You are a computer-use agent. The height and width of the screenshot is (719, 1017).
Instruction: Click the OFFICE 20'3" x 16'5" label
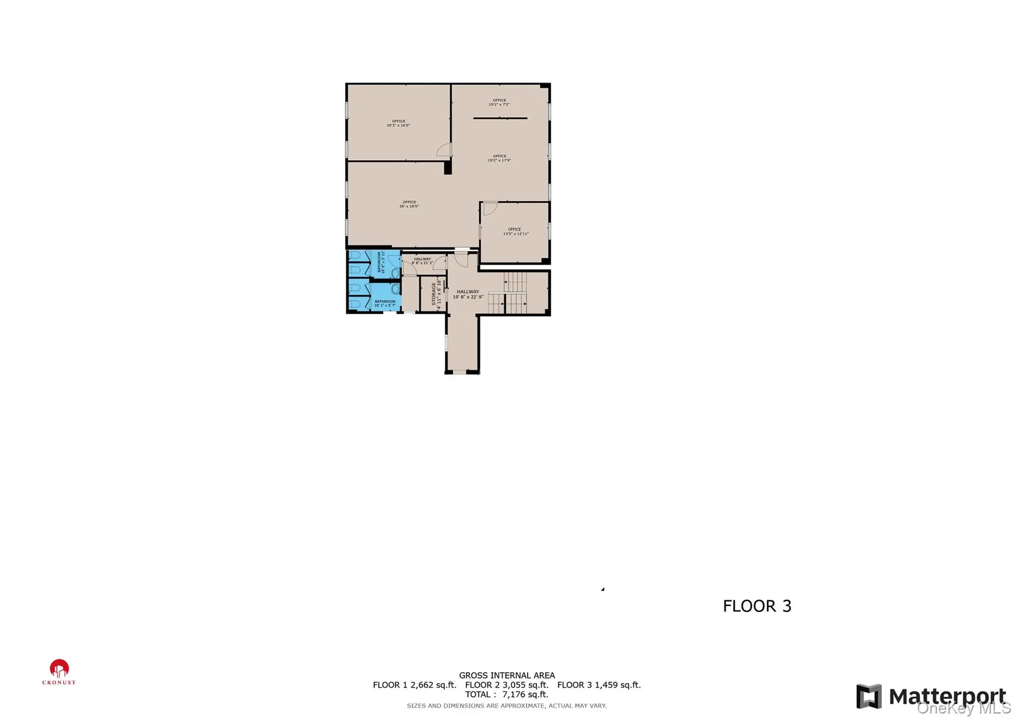pyautogui.click(x=398, y=123)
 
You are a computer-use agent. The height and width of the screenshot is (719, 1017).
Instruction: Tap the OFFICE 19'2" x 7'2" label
pyautogui.click(x=499, y=102)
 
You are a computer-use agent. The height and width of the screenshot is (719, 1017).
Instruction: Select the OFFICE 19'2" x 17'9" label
pyautogui.click(x=499, y=159)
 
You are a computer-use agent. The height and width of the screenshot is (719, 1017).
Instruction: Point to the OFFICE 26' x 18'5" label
pyautogui.click(x=409, y=204)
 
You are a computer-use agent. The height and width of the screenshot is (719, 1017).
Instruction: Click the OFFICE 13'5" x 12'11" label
pyautogui.click(x=515, y=232)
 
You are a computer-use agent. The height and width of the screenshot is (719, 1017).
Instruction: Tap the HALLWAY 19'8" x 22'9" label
pyautogui.click(x=468, y=294)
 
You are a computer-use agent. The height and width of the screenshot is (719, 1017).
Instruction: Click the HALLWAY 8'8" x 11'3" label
pyautogui.click(x=422, y=261)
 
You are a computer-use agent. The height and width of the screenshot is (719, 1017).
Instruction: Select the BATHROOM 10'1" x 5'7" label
pyautogui.click(x=385, y=303)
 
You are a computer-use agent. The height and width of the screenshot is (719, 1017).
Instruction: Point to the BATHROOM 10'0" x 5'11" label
pyautogui.click(x=381, y=262)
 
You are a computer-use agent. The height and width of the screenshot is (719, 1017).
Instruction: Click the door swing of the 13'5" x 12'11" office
pyautogui.click(x=490, y=208)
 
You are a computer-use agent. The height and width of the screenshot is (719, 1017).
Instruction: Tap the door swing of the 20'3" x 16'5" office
pyautogui.click(x=443, y=150)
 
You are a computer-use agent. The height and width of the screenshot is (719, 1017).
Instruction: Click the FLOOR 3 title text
pyautogui.click(x=757, y=606)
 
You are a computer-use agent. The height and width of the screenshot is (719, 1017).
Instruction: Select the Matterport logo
pyautogui.click(x=931, y=696)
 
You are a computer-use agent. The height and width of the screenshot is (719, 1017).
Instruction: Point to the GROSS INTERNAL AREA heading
pyautogui.click(x=507, y=675)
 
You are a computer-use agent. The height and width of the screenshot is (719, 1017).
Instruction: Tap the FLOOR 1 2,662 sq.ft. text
pyautogui.click(x=414, y=685)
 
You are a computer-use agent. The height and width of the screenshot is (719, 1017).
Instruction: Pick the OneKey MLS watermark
pyautogui.click(x=963, y=708)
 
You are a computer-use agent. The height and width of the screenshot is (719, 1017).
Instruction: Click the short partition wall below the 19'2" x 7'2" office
pyautogui.click(x=500, y=118)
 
